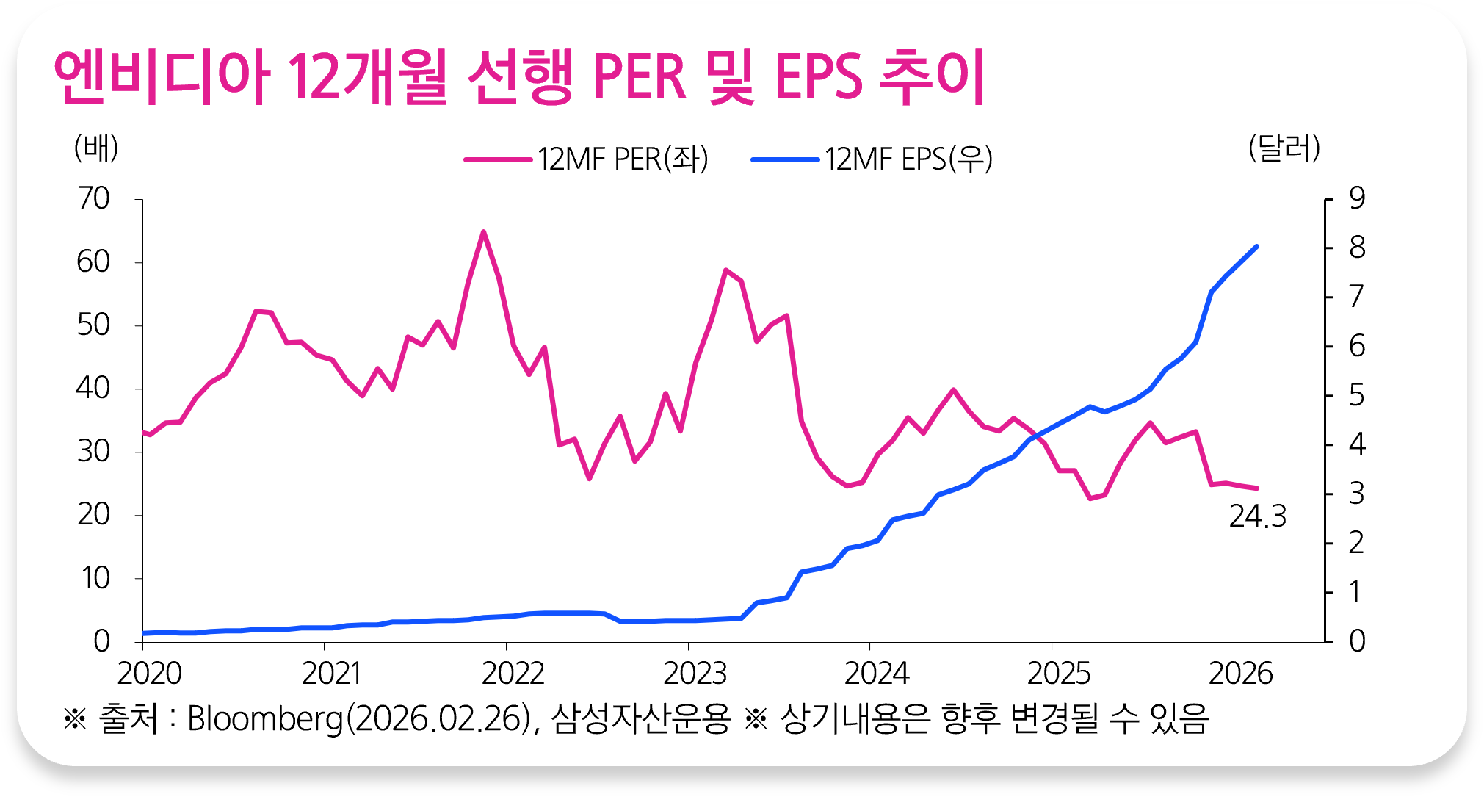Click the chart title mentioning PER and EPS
pyautogui.click(x=518, y=76)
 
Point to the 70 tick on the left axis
pyautogui.click(x=93, y=198)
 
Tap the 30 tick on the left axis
pyautogui.click(x=93, y=451)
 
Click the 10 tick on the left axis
pyautogui.click(x=95, y=578)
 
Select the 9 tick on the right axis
pyautogui.click(x=1356, y=198)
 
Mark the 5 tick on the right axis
pyautogui.click(x=1356, y=396)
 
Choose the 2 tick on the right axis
pyautogui.click(x=1356, y=543)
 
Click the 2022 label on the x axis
pyautogui.click(x=513, y=674)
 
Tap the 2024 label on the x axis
pyautogui.click(x=876, y=674)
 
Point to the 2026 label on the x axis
pyautogui.click(x=1240, y=674)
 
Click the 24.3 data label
pyautogui.click(x=1258, y=516)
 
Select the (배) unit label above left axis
pyautogui.click(x=96, y=148)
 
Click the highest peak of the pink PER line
pyautogui.click(x=483, y=232)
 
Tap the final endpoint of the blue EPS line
pyautogui.click(x=1257, y=247)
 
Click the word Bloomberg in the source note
pyautogui.click(x=265, y=718)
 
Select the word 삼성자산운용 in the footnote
pyautogui.click(x=641, y=718)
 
